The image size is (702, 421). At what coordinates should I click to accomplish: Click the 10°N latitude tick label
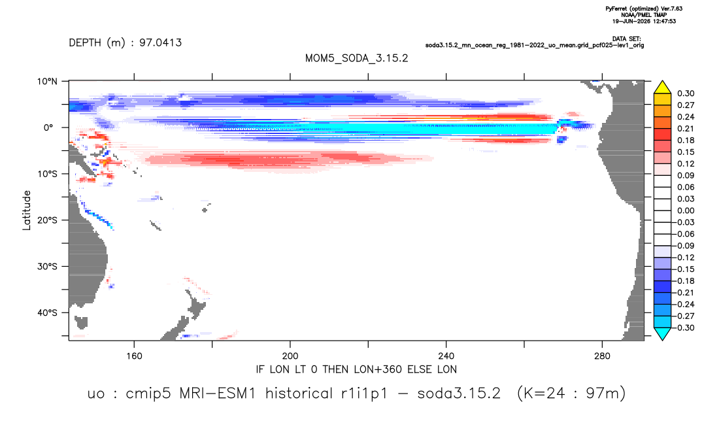(x=47, y=82)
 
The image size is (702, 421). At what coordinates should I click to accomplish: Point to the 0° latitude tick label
(x=48, y=127)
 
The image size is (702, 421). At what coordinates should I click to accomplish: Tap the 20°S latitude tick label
(x=47, y=220)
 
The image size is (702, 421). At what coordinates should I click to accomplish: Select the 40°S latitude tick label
(x=47, y=312)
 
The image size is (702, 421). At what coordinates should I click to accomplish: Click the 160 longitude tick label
(x=134, y=356)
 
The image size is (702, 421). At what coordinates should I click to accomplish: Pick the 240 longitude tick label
(x=446, y=356)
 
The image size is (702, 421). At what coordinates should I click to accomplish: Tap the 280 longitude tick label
(x=602, y=356)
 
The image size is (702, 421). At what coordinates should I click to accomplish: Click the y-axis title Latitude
(x=27, y=210)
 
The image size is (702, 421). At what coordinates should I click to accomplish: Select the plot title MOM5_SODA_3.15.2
(x=356, y=59)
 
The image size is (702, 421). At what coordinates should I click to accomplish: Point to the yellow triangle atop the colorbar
(x=662, y=88)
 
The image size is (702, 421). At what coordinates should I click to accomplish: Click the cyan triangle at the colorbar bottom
(x=662, y=334)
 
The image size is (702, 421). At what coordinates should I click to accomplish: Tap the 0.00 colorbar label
(x=686, y=210)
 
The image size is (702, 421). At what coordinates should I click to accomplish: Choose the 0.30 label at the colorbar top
(x=686, y=93)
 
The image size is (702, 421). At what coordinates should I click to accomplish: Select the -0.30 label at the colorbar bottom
(x=684, y=328)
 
